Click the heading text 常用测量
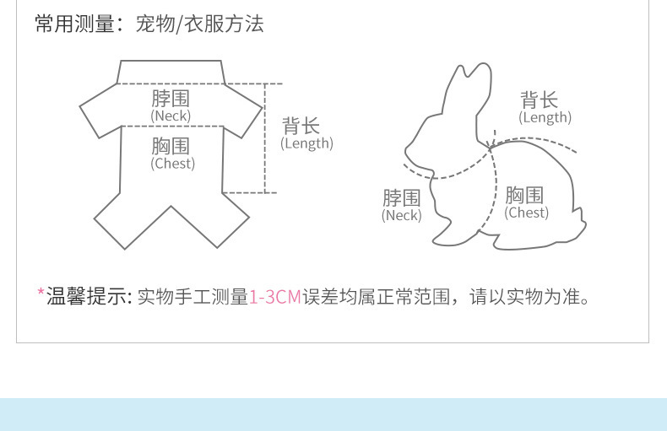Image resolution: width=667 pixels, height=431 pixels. click(73, 24)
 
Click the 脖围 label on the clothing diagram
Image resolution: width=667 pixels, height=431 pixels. click(171, 98)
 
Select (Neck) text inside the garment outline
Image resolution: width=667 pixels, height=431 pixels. click(171, 116)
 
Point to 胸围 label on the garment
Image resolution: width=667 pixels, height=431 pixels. click(171, 147)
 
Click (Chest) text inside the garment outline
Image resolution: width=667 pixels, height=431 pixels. click(172, 164)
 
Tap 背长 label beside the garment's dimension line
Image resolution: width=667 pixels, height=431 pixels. click(301, 126)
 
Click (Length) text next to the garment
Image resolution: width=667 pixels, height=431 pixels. click(306, 143)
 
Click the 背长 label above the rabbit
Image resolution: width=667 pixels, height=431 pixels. click(539, 100)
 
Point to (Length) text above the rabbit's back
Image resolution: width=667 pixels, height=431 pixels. click(545, 118)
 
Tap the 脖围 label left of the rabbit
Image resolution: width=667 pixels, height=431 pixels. click(401, 198)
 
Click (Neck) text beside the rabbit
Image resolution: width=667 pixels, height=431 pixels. click(401, 215)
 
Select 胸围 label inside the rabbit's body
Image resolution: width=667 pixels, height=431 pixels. click(525, 196)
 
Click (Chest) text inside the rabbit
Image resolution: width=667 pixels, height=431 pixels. click(527, 213)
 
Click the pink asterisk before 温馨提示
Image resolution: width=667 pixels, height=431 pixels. click(41, 294)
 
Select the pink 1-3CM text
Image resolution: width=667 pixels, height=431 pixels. click(275, 297)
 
